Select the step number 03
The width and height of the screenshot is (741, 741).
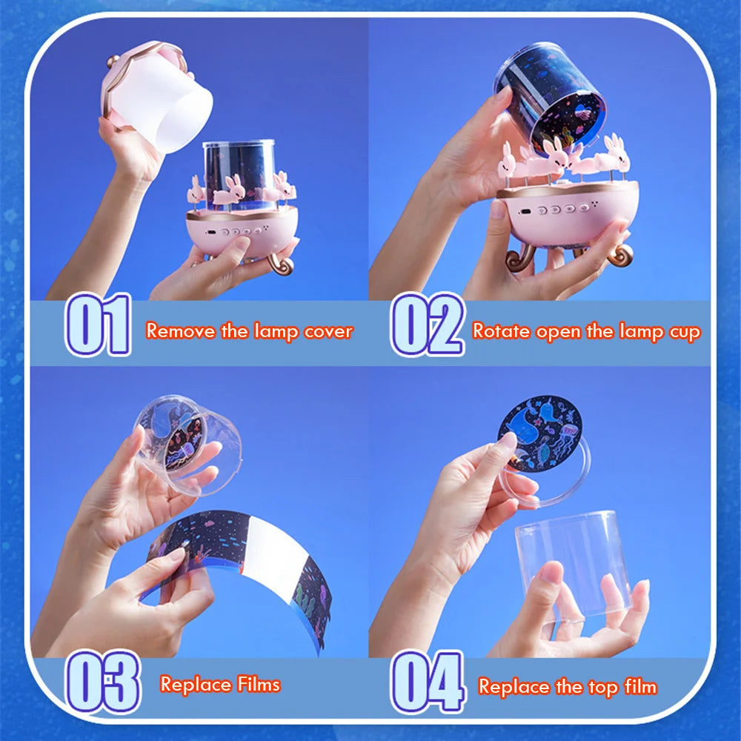click(x=102, y=681)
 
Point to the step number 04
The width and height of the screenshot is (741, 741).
click(x=428, y=681)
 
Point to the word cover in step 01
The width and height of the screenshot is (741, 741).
click(x=328, y=330)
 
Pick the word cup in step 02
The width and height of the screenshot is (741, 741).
click(x=683, y=332)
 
